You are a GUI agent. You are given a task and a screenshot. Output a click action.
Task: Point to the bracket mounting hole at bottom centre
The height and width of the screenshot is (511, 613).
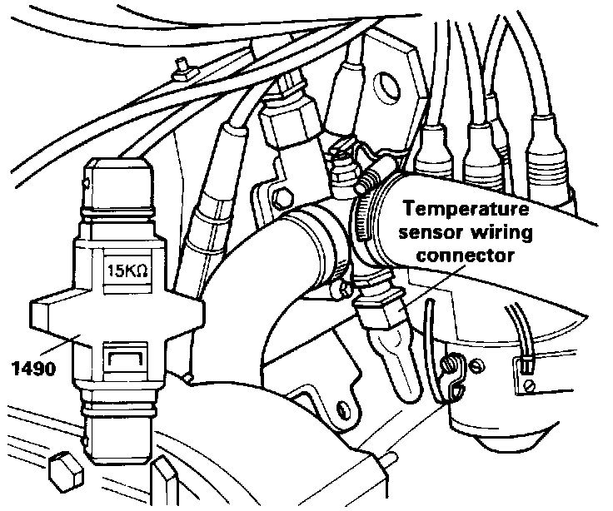[x=341, y=408]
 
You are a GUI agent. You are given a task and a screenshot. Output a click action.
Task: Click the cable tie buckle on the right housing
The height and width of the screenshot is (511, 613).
[x=526, y=364]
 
